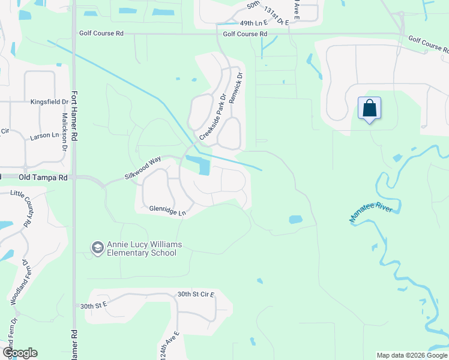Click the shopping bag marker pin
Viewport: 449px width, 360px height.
[370, 109]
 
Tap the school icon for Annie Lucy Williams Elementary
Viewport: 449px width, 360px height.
[97, 247]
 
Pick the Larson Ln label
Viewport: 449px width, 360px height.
[44, 137]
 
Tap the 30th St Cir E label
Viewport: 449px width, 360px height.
[196, 295]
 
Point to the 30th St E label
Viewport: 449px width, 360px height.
[93, 306]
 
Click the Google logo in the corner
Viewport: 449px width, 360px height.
[20, 353]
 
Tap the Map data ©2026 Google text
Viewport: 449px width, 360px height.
[411, 355]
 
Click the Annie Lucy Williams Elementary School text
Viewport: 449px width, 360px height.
[142, 248]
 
